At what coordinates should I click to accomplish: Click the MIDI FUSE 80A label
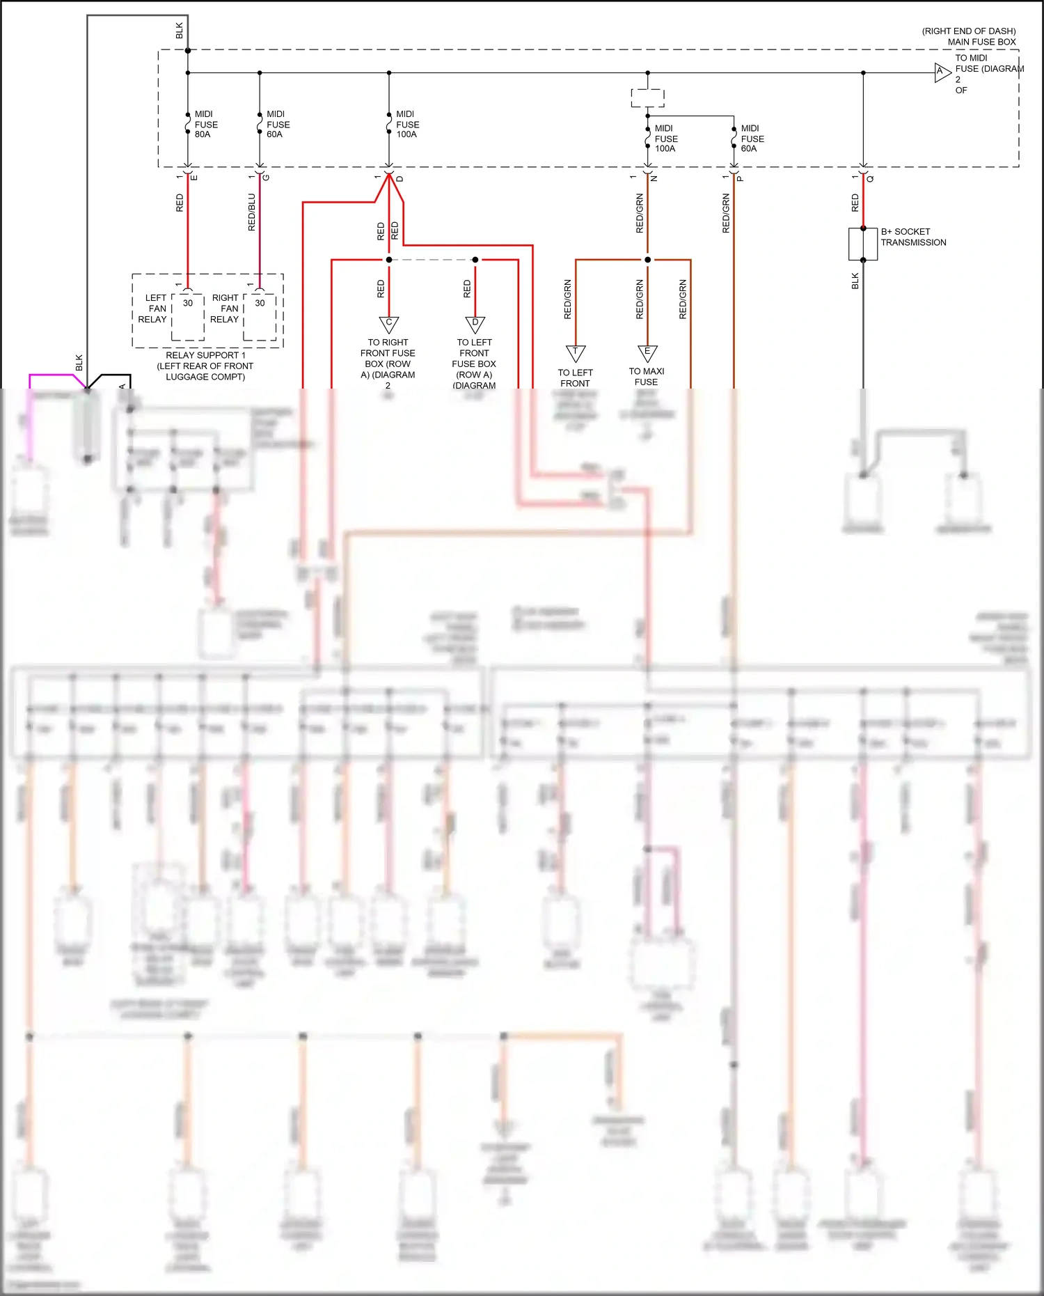(206, 124)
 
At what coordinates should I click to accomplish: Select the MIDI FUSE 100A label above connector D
(407, 124)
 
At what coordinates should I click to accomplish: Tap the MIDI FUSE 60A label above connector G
(278, 124)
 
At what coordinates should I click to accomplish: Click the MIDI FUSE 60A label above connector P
(752, 139)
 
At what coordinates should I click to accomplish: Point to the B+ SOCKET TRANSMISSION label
(913, 237)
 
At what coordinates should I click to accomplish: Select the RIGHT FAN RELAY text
(226, 309)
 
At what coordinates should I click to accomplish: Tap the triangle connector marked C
(388, 324)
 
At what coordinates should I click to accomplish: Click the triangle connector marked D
(475, 324)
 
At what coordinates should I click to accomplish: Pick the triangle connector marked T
(576, 353)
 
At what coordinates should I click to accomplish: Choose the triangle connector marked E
(647, 353)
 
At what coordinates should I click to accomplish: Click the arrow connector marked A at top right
(942, 72)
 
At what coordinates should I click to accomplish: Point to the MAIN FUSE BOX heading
(981, 42)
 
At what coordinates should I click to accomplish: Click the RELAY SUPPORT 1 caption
(205, 355)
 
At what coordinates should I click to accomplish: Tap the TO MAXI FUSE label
(647, 377)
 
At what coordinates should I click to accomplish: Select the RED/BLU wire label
(252, 212)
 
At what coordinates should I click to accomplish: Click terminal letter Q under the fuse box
(871, 179)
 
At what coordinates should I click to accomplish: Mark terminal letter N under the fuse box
(654, 179)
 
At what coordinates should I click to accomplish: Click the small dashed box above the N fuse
(647, 97)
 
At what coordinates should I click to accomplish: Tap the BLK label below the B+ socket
(855, 281)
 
